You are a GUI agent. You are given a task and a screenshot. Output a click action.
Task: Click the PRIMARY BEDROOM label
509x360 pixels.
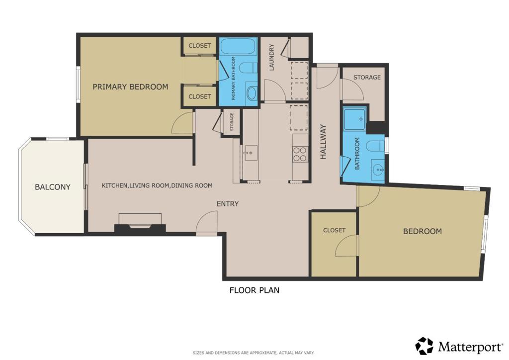pos(131,87)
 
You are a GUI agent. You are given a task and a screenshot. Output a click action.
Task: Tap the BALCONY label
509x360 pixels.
pos(53,187)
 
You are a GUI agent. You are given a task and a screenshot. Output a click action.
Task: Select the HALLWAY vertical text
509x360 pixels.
pos(323,142)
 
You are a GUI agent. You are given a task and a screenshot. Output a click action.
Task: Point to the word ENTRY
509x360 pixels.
pos(228,204)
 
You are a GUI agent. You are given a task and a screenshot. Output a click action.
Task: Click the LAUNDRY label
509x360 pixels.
pos(272,57)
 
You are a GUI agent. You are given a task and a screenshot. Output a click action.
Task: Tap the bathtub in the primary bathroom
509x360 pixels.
pos(239,46)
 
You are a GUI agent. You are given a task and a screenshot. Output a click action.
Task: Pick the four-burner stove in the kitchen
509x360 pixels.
pos(300,154)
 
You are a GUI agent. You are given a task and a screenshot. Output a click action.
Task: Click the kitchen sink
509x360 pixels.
pos(251,153)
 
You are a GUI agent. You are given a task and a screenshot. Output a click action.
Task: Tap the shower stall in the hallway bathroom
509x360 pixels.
pos(355,119)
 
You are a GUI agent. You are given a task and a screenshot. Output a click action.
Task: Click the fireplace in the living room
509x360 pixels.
pos(140,226)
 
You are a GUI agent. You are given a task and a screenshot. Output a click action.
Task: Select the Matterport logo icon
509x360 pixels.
pos(424,346)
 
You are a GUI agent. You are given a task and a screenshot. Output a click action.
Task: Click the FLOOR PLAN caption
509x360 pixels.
pos(254,290)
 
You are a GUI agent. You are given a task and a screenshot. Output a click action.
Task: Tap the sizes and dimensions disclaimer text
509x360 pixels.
pos(254,353)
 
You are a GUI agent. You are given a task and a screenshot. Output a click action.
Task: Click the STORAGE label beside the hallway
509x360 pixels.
pos(367,77)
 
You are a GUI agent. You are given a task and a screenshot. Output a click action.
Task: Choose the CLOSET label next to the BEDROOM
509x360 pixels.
pos(334,230)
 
